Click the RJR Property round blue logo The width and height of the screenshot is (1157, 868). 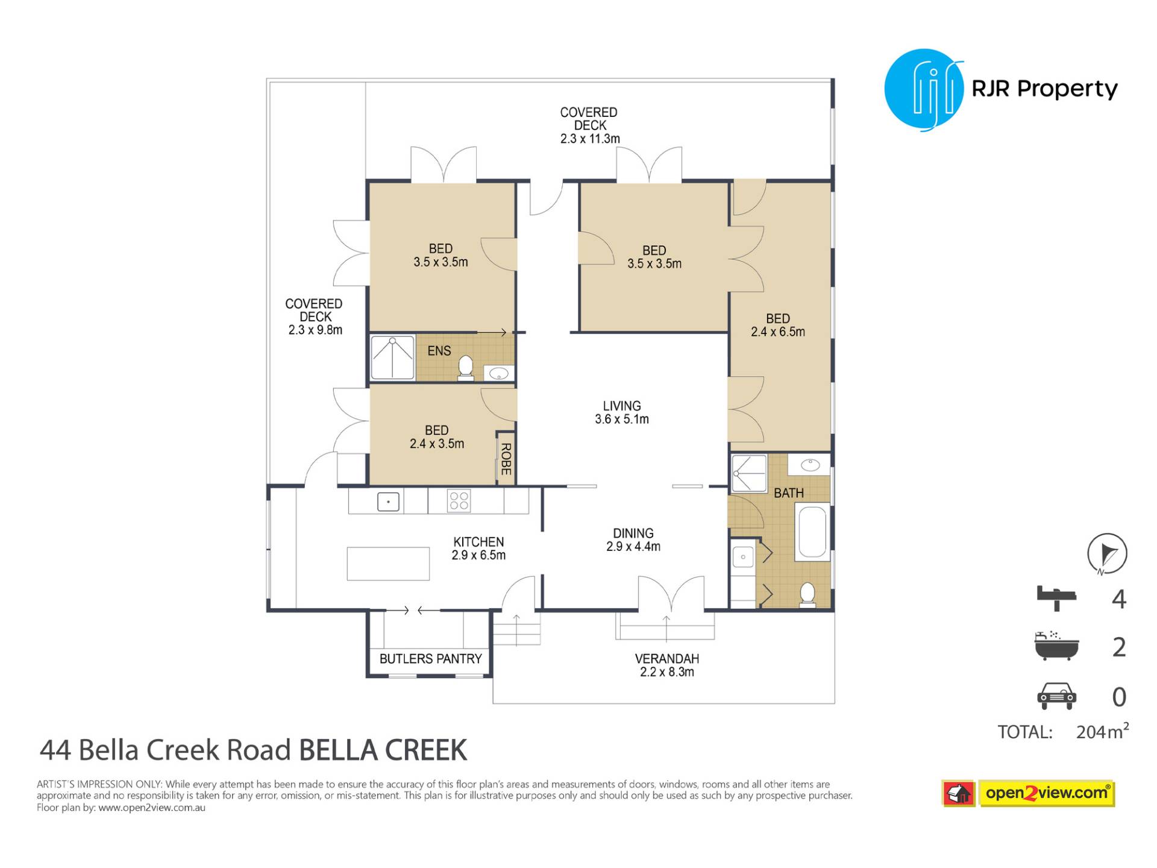pyautogui.click(x=924, y=90)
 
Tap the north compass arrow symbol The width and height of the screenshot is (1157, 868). pyautogui.click(x=1107, y=553)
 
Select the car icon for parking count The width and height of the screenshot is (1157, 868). pyautogui.click(x=1056, y=696)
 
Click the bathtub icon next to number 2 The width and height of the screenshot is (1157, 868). pyautogui.click(x=1056, y=646)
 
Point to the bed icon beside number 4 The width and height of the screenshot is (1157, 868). pyautogui.click(x=1056, y=598)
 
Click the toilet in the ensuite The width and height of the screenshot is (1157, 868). pyautogui.click(x=465, y=368)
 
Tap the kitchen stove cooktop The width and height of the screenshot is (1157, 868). pyautogui.click(x=459, y=501)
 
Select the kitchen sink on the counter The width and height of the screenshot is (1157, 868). pyautogui.click(x=388, y=502)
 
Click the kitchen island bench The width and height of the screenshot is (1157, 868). pyautogui.click(x=388, y=564)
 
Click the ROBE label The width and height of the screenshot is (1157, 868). pyautogui.click(x=506, y=459)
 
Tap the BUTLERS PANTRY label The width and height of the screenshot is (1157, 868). pyautogui.click(x=431, y=659)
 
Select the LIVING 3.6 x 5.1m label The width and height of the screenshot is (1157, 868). pyautogui.click(x=622, y=413)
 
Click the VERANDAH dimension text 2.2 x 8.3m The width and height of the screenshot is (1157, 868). pyautogui.click(x=667, y=672)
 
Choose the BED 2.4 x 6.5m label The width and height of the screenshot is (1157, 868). pyautogui.click(x=778, y=325)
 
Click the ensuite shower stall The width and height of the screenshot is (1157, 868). pyautogui.click(x=392, y=357)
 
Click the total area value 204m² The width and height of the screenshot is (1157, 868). pyautogui.click(x=1102, y=731)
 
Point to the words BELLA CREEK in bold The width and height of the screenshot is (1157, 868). pyautogui.click(x=383, y=750)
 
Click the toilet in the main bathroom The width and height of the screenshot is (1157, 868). pyautogui.click(x=807, y=594)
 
